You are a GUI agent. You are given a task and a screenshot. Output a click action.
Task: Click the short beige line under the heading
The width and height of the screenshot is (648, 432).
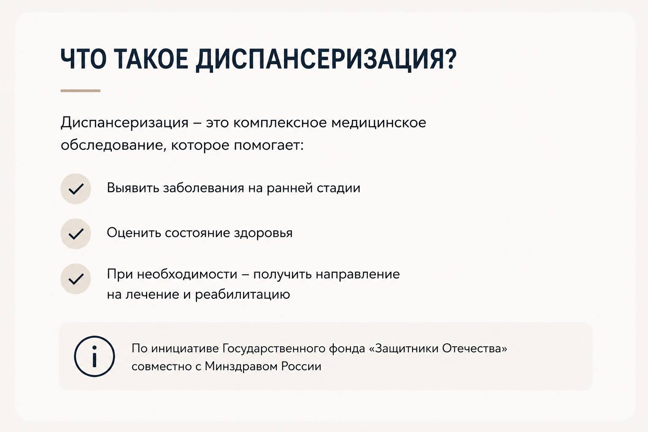pyautogui.click(x=81, y=91)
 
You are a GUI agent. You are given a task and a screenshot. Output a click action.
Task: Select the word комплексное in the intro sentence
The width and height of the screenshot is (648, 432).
pyautogui.click(x=280, y=123)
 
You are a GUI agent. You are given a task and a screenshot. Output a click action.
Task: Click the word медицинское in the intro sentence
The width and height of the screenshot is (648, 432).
pyautogui.click(x=379, y=123)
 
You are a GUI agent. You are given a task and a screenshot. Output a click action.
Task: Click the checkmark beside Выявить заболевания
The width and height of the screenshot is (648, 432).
pyautogui.click(x=76, y=189)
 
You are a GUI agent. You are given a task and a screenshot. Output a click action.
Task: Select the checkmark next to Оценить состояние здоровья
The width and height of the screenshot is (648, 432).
pyautogui.click(x=76, y=234)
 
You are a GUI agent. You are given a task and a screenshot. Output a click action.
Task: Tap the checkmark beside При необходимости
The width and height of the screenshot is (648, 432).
pyautogui.click(x=76, y=279)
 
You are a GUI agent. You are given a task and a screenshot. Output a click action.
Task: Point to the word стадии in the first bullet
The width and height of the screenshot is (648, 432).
pyautogui.click(x=338, y=188)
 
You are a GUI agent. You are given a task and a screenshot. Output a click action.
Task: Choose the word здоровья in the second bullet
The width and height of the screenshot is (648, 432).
pyautogui.click(x=263, y=233)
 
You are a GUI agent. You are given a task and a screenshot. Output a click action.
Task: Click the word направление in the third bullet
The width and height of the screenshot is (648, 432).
pyautogui.click(x=358, y=274)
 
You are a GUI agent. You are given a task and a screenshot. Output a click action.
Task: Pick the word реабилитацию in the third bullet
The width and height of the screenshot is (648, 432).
pyautogui.click(x=243, y=294)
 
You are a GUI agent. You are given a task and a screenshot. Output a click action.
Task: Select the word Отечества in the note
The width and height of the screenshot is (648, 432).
pyautogui.click(x=475, y=348)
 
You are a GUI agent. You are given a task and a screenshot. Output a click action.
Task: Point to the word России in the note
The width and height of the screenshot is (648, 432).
pyautogui.click(x=301, y=367)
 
